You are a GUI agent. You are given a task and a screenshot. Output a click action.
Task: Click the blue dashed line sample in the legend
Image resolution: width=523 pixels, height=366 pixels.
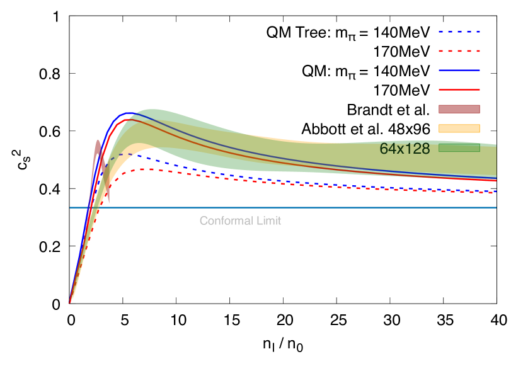(459, 31)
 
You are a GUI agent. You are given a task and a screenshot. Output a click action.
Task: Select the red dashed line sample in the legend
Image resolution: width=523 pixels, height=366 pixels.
(459, 51)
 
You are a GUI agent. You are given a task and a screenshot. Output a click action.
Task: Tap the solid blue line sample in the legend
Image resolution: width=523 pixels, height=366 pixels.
(459, 71)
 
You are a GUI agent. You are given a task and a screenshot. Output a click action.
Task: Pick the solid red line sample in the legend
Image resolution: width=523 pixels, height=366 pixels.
(459, 89)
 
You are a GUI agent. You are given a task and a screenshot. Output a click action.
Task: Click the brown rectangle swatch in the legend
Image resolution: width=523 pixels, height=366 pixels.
(459, 109)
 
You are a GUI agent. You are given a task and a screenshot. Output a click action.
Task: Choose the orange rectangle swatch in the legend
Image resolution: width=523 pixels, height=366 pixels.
(459, 129)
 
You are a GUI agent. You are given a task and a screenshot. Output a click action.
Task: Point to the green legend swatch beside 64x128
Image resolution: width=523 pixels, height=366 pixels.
(459, 148)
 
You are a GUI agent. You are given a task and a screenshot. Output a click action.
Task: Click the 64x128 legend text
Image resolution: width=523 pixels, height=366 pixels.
(405, 149)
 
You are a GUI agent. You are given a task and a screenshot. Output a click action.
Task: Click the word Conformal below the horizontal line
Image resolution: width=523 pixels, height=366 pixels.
(219, 221)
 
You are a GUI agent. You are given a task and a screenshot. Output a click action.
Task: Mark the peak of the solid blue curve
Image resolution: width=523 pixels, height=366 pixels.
(129, 113)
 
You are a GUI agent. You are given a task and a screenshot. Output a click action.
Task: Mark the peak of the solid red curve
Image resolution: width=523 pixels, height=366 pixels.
(129, 119)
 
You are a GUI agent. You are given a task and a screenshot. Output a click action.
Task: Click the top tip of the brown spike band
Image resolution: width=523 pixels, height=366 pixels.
(98, 140)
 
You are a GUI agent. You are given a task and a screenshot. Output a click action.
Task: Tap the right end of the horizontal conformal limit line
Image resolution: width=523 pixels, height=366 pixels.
(496, 207)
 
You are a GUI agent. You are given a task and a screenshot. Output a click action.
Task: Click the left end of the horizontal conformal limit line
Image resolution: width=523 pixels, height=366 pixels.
(71, 207)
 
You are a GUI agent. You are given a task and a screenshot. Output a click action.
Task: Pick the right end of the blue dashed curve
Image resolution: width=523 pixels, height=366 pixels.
(496, 191)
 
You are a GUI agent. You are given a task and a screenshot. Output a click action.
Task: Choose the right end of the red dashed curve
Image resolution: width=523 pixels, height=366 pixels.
(496, 193)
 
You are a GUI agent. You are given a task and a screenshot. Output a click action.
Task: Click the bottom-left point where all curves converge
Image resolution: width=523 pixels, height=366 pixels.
(70, 303)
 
